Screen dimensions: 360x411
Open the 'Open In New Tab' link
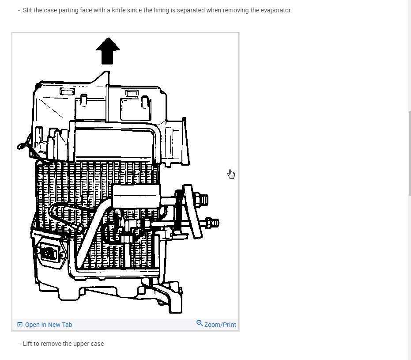tap(48, 325)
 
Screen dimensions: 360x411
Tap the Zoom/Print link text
tap(220, 325)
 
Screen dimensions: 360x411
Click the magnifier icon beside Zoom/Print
tap(200, 323)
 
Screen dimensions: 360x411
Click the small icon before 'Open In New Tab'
tap(19, 325)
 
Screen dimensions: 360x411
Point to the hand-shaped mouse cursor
tap(231, 174)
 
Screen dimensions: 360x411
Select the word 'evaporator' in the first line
tap(276, 10)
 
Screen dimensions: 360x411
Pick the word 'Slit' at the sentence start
tap(27, 10)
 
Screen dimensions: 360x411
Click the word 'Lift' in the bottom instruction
tap(27, 344)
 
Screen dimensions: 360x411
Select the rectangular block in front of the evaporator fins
tap(136, 196)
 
